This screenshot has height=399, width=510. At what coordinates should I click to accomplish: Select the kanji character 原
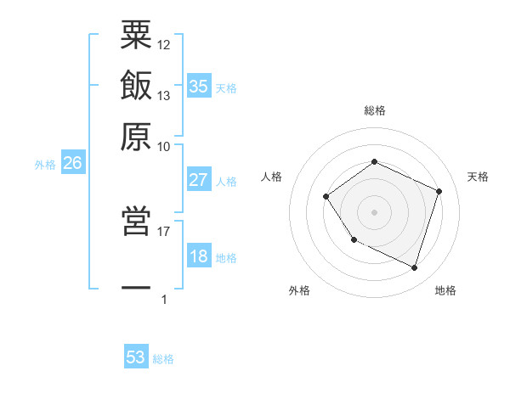(136, 136)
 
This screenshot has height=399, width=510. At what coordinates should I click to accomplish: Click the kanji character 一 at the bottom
(136, 288)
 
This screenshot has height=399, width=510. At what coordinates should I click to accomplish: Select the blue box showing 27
(199, 180)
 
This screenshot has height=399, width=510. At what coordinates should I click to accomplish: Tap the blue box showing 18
(199, 256)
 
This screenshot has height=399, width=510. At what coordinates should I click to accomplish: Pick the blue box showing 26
(72, 163)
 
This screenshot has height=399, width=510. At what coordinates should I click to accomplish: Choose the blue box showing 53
(136, 357)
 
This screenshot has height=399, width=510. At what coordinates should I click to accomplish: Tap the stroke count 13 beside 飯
(164, 96)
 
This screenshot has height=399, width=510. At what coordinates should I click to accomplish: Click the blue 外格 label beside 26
(45, 165)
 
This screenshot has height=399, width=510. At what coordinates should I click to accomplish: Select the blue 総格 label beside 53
(163, 359)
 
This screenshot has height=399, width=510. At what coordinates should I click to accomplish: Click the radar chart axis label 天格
(478, 177)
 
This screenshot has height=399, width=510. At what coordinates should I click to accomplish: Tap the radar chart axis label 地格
(445, 290)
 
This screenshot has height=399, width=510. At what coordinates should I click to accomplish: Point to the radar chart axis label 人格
(272, 177)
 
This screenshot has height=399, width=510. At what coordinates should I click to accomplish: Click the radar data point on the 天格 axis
(439, 191)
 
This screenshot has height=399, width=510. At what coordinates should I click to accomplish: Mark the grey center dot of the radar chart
(374, 211)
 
